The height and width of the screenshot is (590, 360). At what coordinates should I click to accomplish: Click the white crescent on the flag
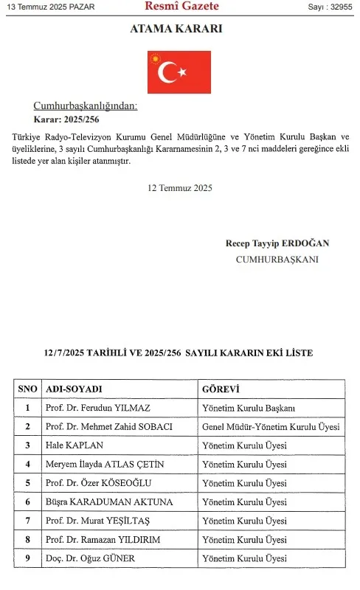[x=169, y=72]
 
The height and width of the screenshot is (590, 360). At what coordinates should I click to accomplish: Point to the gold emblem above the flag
[x=155, y=57]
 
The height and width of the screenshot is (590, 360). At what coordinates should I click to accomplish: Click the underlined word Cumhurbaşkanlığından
[x=85, y=106]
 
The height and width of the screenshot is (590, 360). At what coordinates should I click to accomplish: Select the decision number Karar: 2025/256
[x=66, y=119]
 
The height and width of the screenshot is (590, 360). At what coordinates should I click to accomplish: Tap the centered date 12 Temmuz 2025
[x=179, y=188]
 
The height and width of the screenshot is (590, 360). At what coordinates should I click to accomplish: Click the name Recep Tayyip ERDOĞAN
[x=277, y=243]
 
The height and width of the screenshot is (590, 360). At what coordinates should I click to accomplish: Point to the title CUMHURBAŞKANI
[x=277, y=260]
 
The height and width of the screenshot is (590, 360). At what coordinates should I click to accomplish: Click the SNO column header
[x=27, y=389]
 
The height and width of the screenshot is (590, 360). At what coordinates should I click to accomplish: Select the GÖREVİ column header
[x=221, y=389]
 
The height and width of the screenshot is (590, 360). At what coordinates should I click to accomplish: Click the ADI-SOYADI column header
[x=74, y=389]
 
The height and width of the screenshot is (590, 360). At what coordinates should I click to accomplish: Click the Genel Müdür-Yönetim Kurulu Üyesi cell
[x=270, y=427]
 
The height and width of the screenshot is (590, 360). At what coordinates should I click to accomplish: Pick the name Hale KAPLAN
[x=74, y=445]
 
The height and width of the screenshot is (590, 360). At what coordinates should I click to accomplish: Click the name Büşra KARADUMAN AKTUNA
[x=109, y=502]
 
